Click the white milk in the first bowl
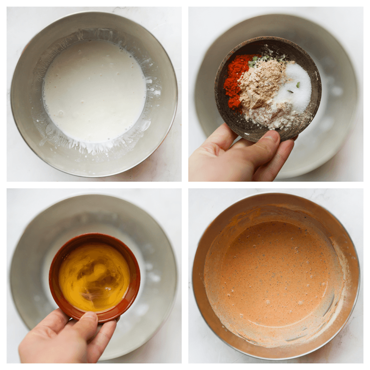(x=94, y=90)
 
